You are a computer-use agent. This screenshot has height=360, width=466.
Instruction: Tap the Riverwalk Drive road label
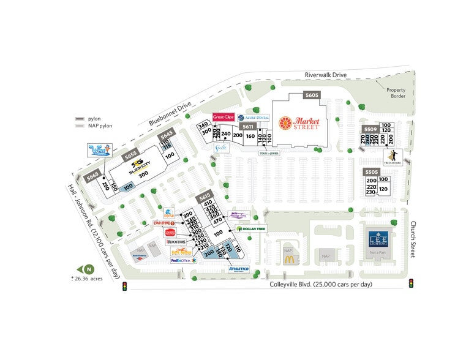click(x=326, y=75)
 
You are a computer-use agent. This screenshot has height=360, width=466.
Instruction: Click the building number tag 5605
click(x=312, y=95)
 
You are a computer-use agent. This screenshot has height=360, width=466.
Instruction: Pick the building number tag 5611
click(x=248, y=126)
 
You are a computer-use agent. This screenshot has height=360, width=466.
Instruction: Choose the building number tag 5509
click(x=370, y=129)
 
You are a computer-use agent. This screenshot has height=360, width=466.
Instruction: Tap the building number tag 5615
click(x=205, y=197)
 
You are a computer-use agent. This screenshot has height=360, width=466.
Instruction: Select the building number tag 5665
click(x=93, y=176)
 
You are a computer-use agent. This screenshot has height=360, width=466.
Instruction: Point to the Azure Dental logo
click(x=254, y=117)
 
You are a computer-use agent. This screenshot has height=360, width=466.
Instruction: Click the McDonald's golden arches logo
click(x=288, y=260)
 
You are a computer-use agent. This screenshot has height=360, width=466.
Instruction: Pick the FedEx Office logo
click(x=183, y=260)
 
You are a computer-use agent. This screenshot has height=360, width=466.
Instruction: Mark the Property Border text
click(x=395, y=92)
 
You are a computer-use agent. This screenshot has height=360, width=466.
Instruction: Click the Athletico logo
click(x=238, y=268)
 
